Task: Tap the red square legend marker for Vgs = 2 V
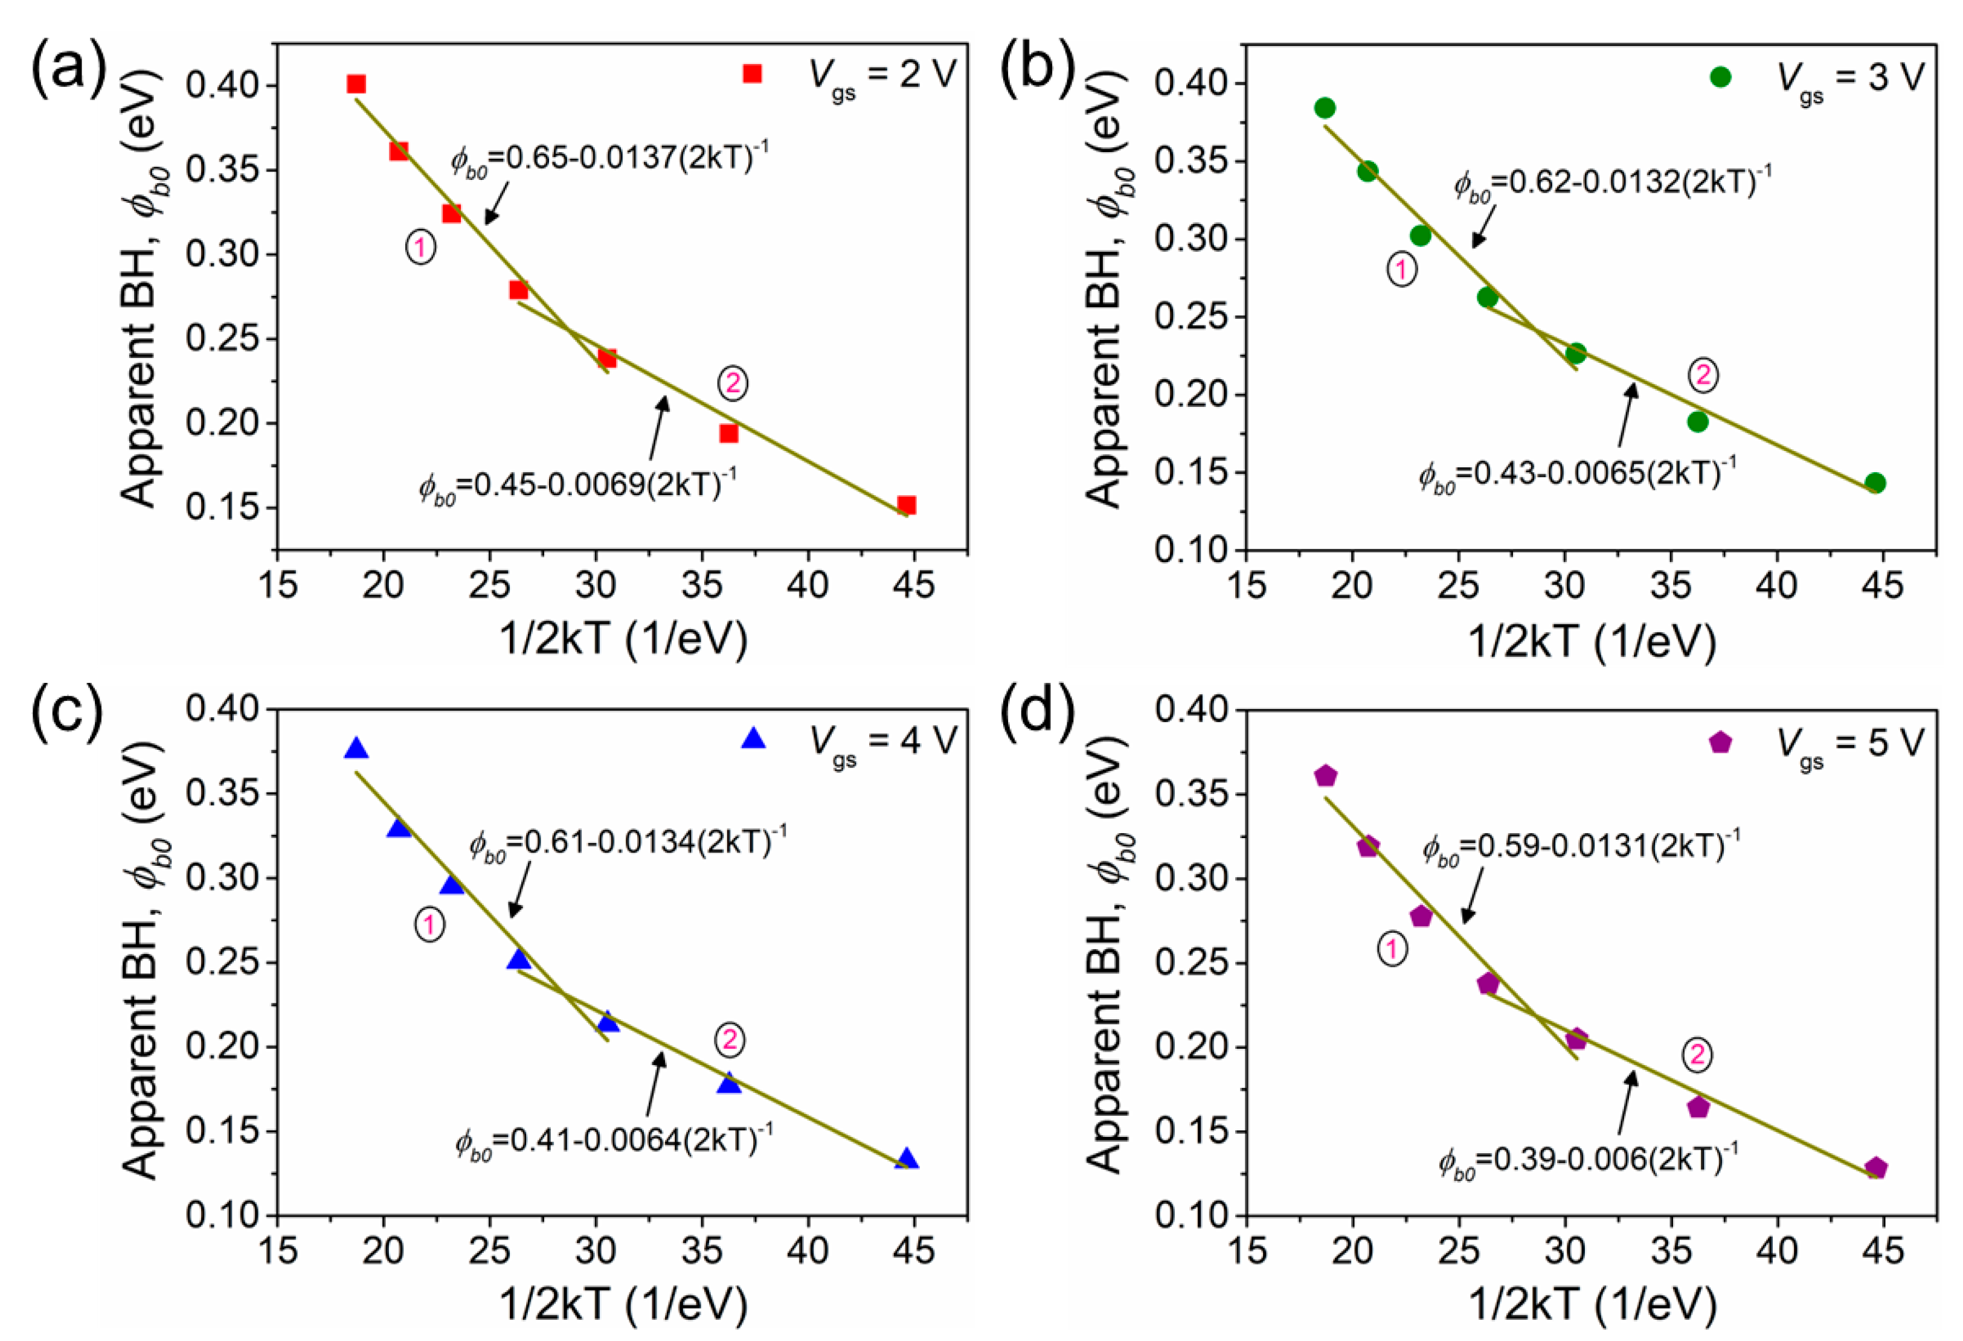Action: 752,74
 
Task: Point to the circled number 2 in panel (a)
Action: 732,383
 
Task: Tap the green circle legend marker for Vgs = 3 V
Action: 1721,77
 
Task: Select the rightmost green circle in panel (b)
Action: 1875,483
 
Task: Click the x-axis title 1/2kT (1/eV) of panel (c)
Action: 623,1303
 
